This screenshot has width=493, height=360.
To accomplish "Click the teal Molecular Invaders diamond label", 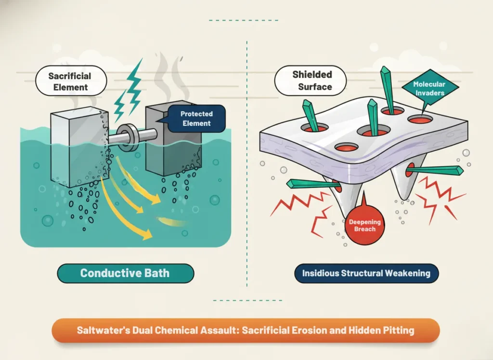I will point(429,88).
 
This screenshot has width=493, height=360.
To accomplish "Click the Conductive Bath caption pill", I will point(125,273).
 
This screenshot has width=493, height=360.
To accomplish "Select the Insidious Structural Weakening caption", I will point(366,273).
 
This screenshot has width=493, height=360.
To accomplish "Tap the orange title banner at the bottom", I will point(246,331).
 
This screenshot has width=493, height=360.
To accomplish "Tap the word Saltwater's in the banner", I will point(99,331).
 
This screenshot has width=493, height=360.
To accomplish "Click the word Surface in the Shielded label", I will point(315,87).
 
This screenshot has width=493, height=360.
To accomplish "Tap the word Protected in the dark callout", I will point(196,114).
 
